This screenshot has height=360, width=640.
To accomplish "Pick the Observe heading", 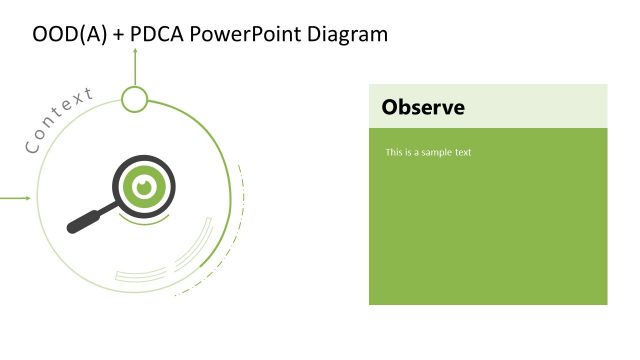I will [x=423, y=107].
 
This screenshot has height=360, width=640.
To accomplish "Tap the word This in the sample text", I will [x=394, y=153].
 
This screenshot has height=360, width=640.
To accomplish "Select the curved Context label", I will [x=58, y=121].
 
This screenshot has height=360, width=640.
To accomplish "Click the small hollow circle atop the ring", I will [x=134, y=99].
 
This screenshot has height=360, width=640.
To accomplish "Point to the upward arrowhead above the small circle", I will [x=134, y=51].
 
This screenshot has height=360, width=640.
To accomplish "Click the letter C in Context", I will [x=31, y=148].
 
